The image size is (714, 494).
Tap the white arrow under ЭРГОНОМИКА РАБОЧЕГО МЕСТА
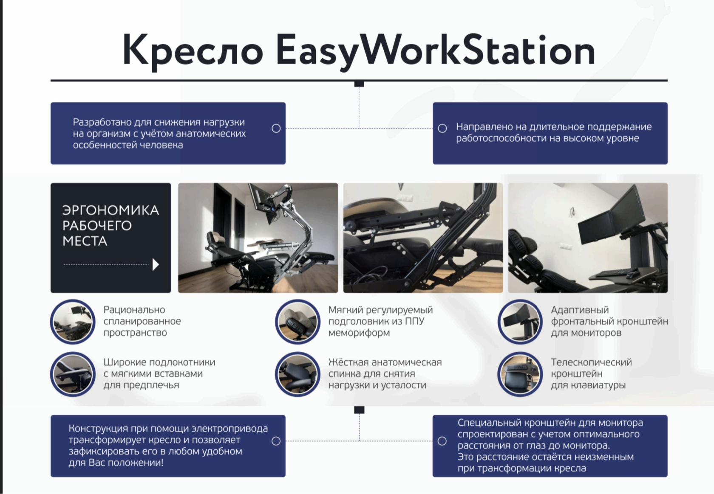[156, 264]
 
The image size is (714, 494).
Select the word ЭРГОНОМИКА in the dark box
[110, 211]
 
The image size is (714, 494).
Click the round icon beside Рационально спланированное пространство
[73, 322]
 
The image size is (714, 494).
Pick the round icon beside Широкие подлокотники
[73, 374]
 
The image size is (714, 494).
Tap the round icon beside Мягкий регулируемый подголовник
[297, 322]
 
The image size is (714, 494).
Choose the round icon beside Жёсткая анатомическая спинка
[297, 374]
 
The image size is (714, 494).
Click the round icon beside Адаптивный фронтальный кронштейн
[520, 322]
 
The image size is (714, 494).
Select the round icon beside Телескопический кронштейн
[520, 374]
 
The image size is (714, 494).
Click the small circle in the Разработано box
[276, 128]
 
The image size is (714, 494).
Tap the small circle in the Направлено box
[442, 128]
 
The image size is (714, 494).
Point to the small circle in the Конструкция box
[276, 441]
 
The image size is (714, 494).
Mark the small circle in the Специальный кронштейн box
[442, 441]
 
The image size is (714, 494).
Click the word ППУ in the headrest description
[415, 321]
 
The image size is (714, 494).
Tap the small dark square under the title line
[359, 84]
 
